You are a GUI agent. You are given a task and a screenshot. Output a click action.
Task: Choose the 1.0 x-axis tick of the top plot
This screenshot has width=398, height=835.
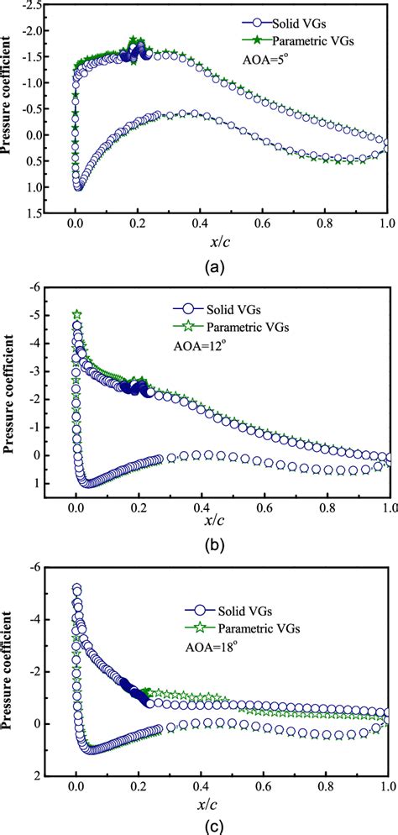[387, 225]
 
